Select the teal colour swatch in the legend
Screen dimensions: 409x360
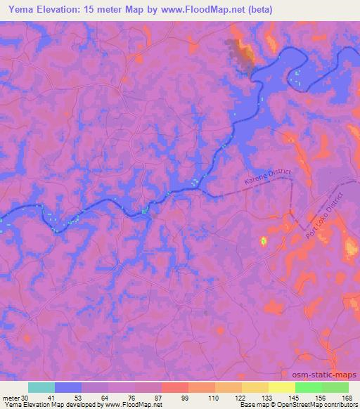coord(41,387)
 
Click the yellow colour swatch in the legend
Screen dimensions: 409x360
coord(281,387)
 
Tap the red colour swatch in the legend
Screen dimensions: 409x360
coord(174,387)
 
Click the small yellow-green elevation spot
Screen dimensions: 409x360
coord(264,241)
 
